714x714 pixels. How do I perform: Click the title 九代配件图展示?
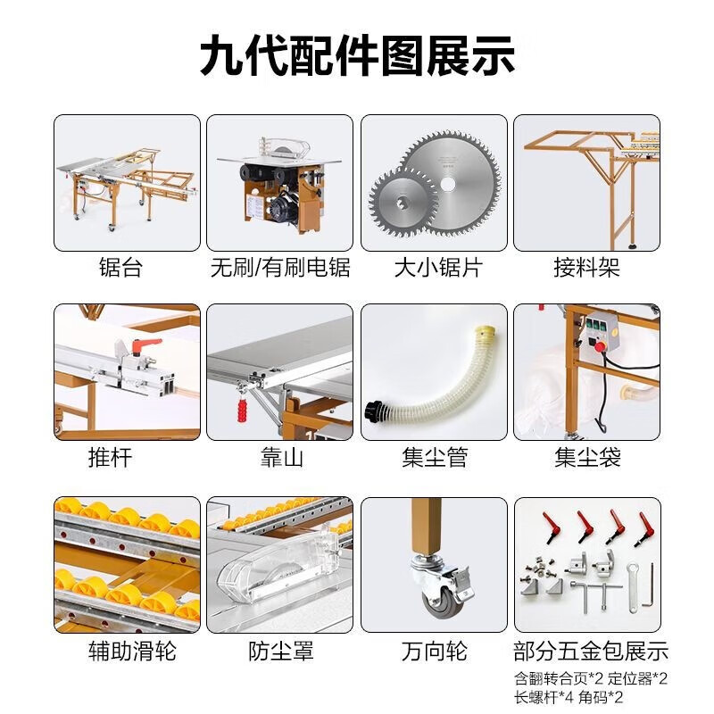click(358, 56)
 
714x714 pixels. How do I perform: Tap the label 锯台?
click(120, 267)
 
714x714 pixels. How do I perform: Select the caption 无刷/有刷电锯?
click(280, 267)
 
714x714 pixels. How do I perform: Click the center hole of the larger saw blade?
click(449, 183)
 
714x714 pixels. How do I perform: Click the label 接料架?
click(586, 267)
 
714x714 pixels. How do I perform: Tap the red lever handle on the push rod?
click(144, 344)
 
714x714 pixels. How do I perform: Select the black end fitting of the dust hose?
click(374, 411)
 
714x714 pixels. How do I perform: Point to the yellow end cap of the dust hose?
click(484, 332)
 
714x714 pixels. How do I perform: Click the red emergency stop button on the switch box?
click(601, 347)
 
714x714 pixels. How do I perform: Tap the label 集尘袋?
click(587, 457)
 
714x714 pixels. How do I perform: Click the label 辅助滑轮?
click(132, 651)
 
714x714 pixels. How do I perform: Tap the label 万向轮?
click(434, 651)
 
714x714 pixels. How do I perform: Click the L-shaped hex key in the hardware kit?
click(649, 586)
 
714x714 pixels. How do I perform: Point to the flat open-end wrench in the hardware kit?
click(632, 587)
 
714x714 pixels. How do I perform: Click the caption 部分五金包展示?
click(591, 652)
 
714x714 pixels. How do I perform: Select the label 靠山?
click(281, 457)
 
